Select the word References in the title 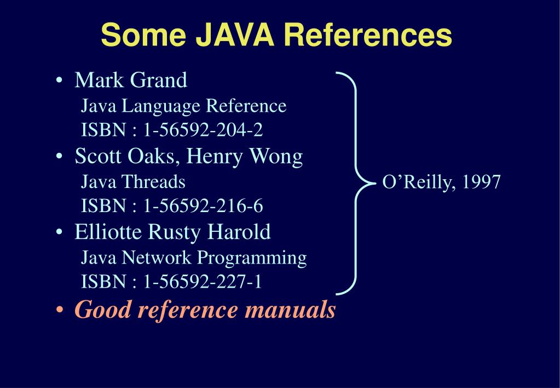pos(367,35)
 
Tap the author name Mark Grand pos(131,81)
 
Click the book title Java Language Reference pos(183,106)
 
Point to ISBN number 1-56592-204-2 pos(203,130)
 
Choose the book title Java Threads pos(133,181)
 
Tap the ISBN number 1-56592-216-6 pos(203,206)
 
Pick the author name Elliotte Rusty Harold pos(172,232)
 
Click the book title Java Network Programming pos(194,257)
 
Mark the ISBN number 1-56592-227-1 pos(203,282)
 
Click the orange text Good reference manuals pos(205,310)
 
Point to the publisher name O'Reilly pos(419,181)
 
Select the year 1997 pos(481,181)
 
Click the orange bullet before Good pos(59,311)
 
